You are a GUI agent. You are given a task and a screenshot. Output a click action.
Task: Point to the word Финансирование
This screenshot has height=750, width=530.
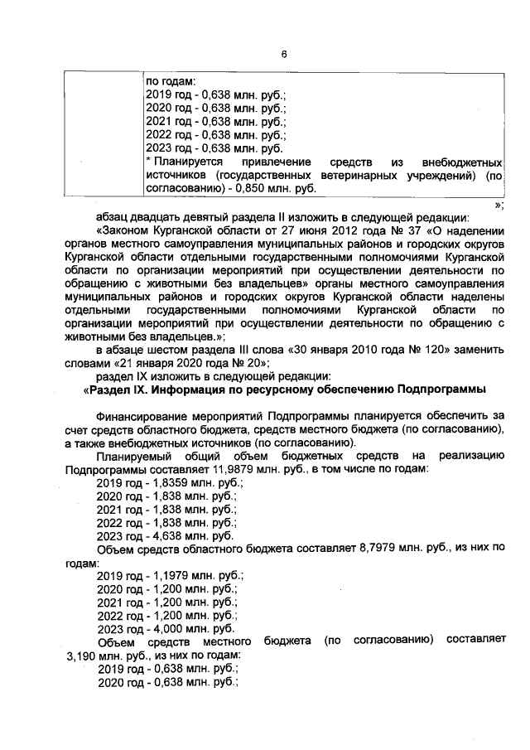point(145,417)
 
